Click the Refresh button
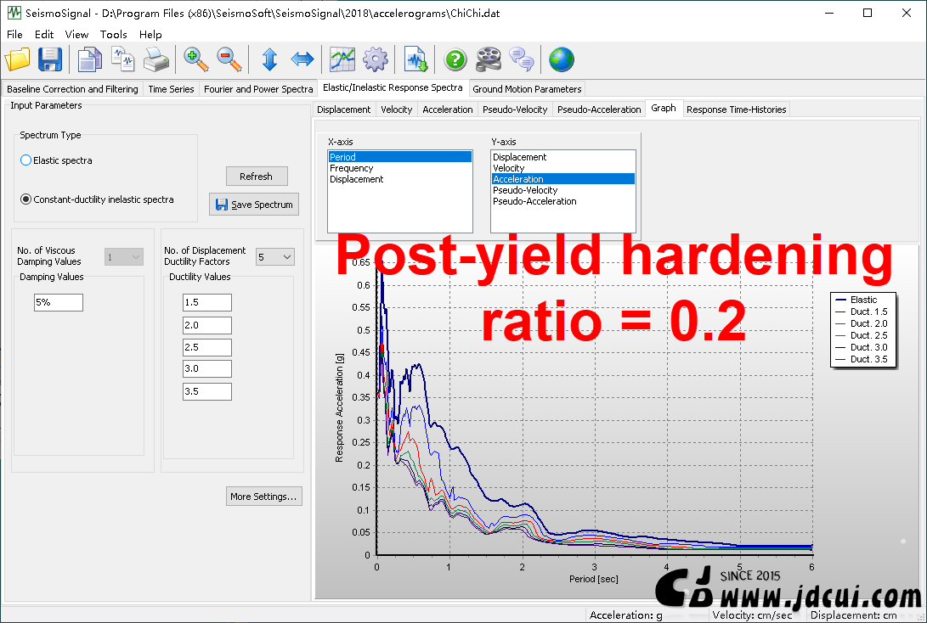click(257, 176)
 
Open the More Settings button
click(263, 496)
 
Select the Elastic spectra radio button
click(26, 160)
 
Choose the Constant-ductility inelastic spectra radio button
click(26, 199)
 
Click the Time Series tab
click(171, 88)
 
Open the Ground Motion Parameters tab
click(527, 88)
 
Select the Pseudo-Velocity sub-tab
click(515, 109)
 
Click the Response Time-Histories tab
click(736, 109)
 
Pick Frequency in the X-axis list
click(351, 168)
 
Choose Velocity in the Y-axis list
click(508, 168)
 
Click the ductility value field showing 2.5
click(207, 346)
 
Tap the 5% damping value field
click(59, 302)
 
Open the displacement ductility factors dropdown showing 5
click(275, 257)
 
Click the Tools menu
click(114, 34)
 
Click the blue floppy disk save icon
click(50, 59)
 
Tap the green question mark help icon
click(455, 59)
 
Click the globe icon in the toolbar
click(561, 59)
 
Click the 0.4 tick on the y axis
click(364, 375)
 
